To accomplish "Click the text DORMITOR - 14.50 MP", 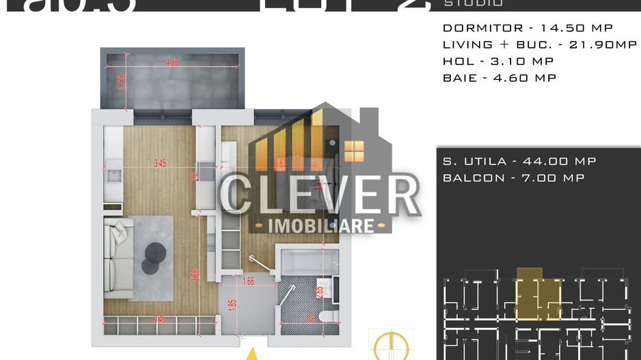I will (528, 28).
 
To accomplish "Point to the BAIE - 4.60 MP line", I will (500, 77).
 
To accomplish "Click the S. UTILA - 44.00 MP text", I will (519, 161).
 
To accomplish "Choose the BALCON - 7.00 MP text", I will (513, 178).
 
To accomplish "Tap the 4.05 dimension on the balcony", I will (172, 62).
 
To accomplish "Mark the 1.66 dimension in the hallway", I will (249, 280).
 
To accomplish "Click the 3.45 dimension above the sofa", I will (160, 163).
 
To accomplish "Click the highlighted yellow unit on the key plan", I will (537, 294).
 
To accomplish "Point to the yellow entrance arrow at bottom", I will (252, 354).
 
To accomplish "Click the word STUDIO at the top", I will (473, 3).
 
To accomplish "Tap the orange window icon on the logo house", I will (353, 151).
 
